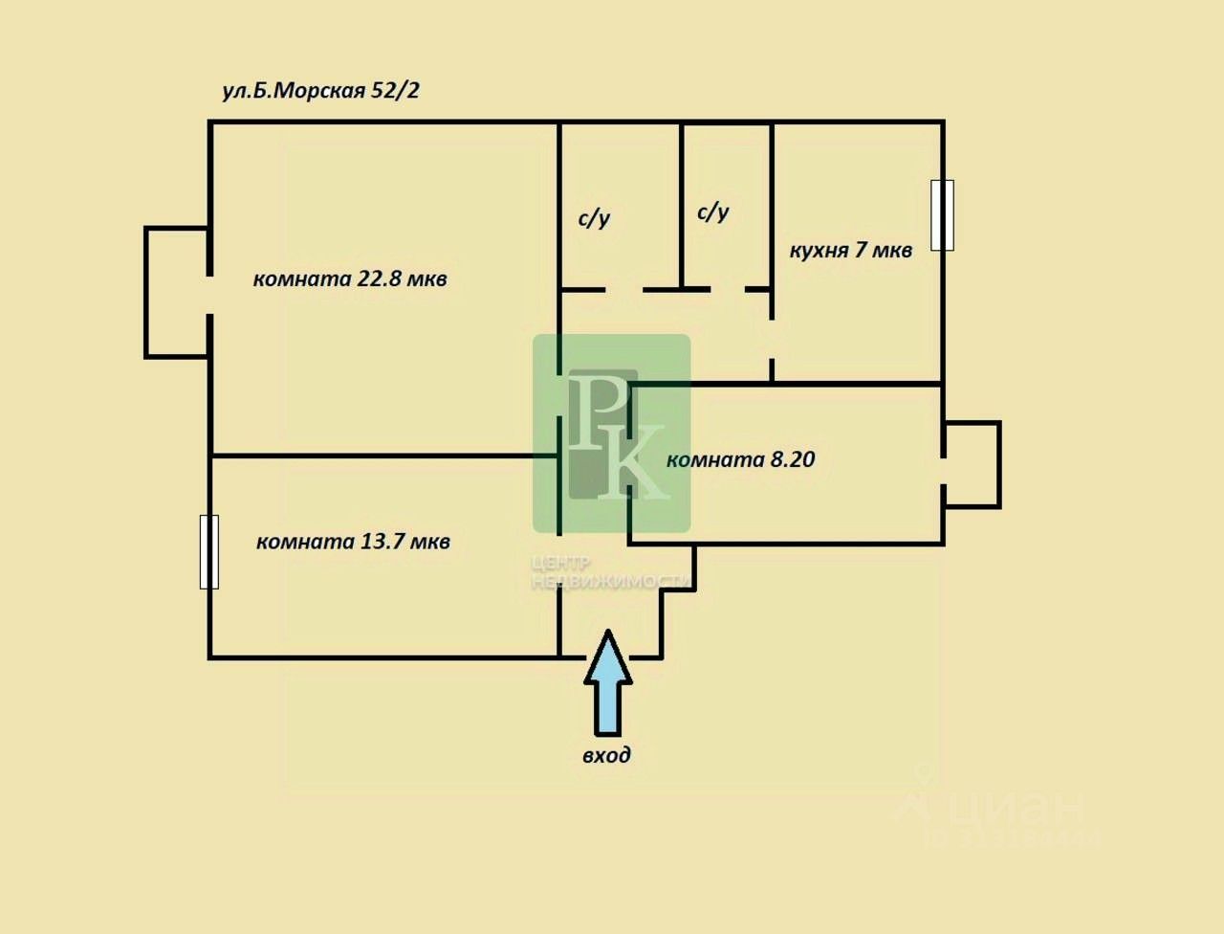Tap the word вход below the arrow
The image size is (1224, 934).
607,755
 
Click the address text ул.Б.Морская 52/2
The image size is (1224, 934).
321,91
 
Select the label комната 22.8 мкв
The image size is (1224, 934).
350,279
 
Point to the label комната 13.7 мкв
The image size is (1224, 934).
353,542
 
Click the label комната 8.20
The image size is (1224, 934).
740,459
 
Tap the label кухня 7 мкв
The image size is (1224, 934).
850,251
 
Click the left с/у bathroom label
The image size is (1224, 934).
594,218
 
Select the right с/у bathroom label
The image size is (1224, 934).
713,211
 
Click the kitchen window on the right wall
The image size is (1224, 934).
942,215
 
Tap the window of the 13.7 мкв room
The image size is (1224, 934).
208,551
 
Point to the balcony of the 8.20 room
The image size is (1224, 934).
973,464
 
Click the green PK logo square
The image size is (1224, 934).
611,433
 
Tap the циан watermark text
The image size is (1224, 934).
1014,809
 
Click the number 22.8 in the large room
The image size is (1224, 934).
379,279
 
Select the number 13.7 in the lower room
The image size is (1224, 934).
382,542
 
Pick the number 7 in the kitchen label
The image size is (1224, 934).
861,251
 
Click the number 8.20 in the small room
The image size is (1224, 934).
792,459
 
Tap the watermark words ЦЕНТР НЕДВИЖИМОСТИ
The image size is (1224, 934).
610,572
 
